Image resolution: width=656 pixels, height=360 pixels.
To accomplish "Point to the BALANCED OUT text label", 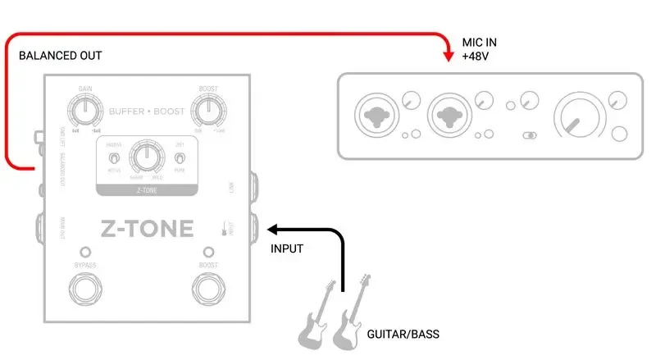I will [x=61, y=56].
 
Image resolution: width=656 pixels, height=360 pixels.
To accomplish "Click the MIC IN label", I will [x=480, y=42].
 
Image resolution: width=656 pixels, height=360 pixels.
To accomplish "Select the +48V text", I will [x=475, y=57].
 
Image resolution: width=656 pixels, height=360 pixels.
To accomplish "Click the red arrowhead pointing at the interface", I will [x=447, y=56].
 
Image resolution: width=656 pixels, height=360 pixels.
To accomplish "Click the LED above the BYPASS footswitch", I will [x=84, y=251].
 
